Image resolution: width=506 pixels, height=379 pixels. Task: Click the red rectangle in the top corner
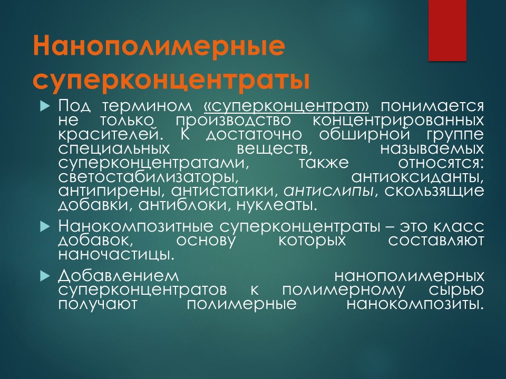coord(447,31)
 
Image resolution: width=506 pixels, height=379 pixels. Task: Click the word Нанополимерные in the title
coord(159,46)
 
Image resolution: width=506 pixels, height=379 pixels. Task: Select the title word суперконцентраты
coord(171,79)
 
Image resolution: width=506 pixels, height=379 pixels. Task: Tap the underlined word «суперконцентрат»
coord(287,106)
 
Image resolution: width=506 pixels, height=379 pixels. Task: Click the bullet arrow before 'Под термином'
coord(45,106)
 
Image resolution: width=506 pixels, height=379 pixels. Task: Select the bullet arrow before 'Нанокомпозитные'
coord(45,227)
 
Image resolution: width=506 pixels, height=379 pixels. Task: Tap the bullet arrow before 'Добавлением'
coord(45,276)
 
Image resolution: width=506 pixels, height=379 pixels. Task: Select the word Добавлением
coord(119,276)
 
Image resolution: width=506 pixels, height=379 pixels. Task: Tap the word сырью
coord(456,290)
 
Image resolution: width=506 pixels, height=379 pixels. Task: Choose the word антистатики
coord(225,191)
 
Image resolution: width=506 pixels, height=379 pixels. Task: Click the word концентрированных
coord(398,120)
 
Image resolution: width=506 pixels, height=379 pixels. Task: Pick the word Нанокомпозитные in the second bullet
coord(135,227)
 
